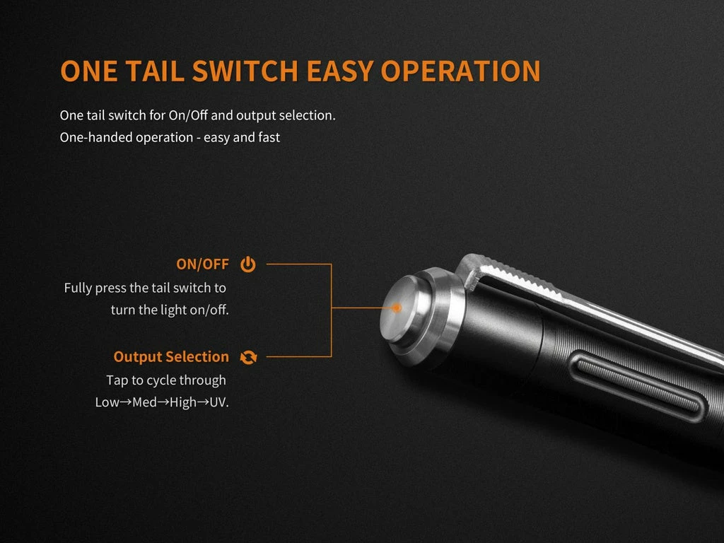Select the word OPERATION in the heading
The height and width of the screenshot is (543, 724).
click(x=461, y=71)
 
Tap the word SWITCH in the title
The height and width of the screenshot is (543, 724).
click(x=247, y=71)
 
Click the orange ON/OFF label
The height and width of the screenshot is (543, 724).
click(x=202, y=264)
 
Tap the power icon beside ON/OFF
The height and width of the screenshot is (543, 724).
click(x=247, y=264)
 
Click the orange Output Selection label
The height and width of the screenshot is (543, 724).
click(x=171, y=357)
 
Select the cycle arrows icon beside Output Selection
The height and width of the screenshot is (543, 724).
click(x=248, y=357)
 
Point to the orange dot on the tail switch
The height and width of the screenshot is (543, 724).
click(x=397, y=308)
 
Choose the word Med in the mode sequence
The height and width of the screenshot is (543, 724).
click(x=144, y=402)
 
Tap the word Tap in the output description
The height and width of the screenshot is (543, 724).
click(x=117, y=380)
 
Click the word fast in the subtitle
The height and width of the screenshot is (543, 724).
click(x=267, y=137)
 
